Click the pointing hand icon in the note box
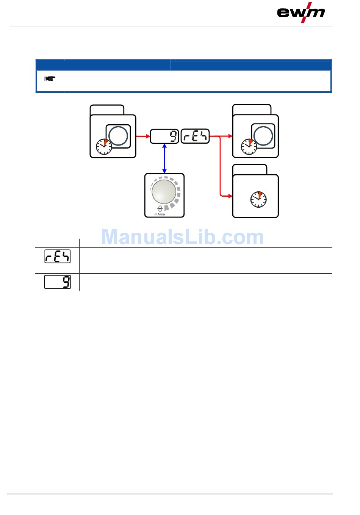click(50, 79)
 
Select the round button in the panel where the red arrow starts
click(118, 136)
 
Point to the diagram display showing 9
click(164, 136)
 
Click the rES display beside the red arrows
click(195, 136)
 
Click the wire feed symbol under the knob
click(160, 209)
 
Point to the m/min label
click(160, 214)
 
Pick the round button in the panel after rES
click(263, 136)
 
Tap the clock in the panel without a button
click(258, 199)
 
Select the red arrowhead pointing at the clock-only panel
click(230, 196)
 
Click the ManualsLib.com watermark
click(182, 237)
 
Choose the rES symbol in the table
click(58, 257)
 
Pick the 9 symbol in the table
click(58, 282)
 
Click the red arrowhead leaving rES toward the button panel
click(230, 136)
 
